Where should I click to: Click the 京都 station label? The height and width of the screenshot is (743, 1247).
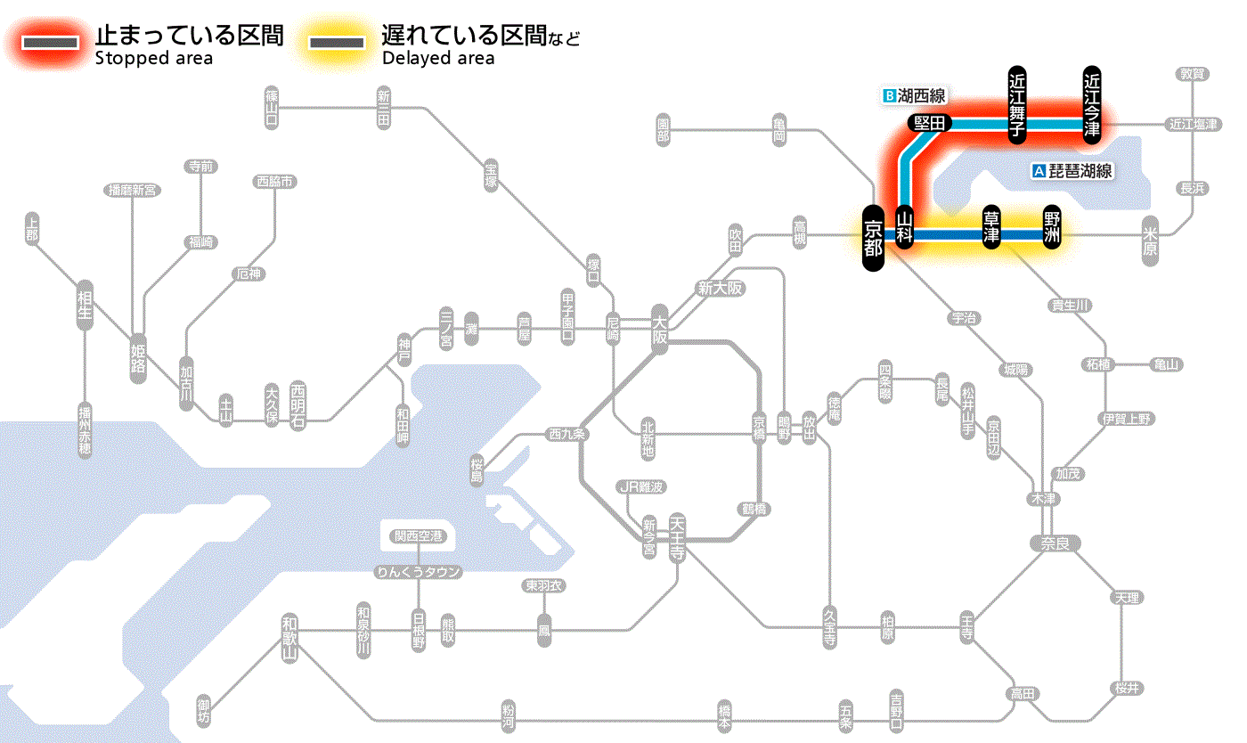(x=873, y=238)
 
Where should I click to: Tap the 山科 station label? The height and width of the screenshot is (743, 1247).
(x=905, y=228)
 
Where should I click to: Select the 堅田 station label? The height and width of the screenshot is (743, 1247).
(x=930, y=123)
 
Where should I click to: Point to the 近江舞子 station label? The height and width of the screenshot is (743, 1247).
(x=1017, y=103)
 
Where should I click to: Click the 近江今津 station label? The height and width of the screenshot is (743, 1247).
(x=1092, y=103)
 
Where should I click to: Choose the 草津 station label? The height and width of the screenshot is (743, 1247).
(x=990, y=228)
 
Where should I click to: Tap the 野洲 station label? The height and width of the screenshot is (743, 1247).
(x=1052, y=228)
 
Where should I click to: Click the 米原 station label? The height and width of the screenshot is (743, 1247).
(x=1152, y=241)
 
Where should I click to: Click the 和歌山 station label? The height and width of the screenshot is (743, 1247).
(x=289, y=638)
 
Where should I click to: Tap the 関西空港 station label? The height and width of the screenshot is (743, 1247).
(x=418, y=536)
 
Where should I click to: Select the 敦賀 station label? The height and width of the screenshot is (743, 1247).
(x=1191, y=74)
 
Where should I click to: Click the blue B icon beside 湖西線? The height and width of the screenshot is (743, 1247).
(x=888, y=95)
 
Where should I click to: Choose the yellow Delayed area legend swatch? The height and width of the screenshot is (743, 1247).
(x=336, y=44)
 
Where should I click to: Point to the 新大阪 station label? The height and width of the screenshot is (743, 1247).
(x=720, y=288)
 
